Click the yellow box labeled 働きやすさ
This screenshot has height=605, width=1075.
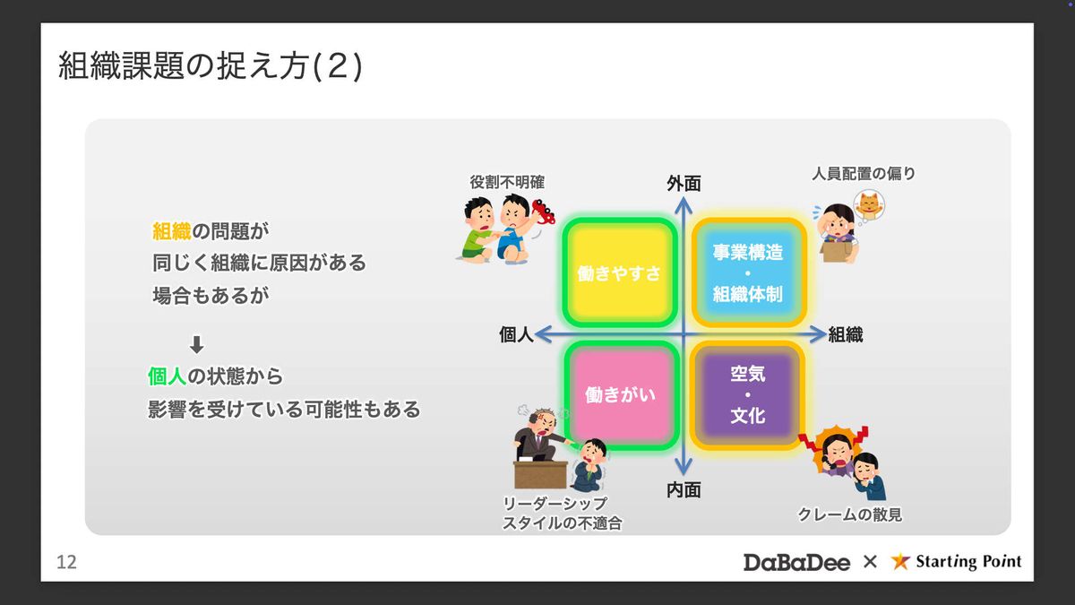pyautogui.click(x=620, y=272)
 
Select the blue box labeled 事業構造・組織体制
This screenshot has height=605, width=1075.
pyautogui.click(x=748, y=272)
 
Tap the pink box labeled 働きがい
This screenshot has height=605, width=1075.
pyautogui.click(x=621, y=395)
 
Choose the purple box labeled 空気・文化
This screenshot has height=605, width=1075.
pyautogui.click(x=748, y=395)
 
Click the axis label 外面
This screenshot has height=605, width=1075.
pyautogui.click(x=684, y=184)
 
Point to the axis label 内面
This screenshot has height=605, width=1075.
pyautogui.click(x=684, y=490)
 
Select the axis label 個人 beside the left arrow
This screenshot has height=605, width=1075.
pyautogui.click(x=516, y=334)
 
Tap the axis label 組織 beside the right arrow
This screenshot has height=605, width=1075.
pyautogui.click(x=846, y=334)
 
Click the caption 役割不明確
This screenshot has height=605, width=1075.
pyautogui.click(x=507, y=182)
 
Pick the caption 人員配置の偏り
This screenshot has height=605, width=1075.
pyautogui.click(x=864, y=173)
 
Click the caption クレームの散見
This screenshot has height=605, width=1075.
pyautogui.click(x=850, y=514)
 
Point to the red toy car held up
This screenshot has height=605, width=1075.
pyautogui.click(x=543, y=212)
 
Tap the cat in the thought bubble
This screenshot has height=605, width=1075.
pyautogui.click(x=869, y=204)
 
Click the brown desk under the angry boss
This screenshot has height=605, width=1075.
pyautogui.click(x=540, y=474)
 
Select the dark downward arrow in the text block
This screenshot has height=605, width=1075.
pyautogui.click(x=197, y=345)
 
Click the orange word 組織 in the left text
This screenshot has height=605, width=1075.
pyautogui.click(x=172, y=231)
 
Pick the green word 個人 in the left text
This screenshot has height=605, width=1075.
pyautogui.click(x=167, y=376)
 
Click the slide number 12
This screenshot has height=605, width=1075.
pyautogui.click(x=66, y=562)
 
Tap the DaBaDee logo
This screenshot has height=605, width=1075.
pyautogui.click(x=796, y=562)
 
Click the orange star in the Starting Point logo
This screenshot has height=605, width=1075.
pyautogui.click(x=900, y=561)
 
